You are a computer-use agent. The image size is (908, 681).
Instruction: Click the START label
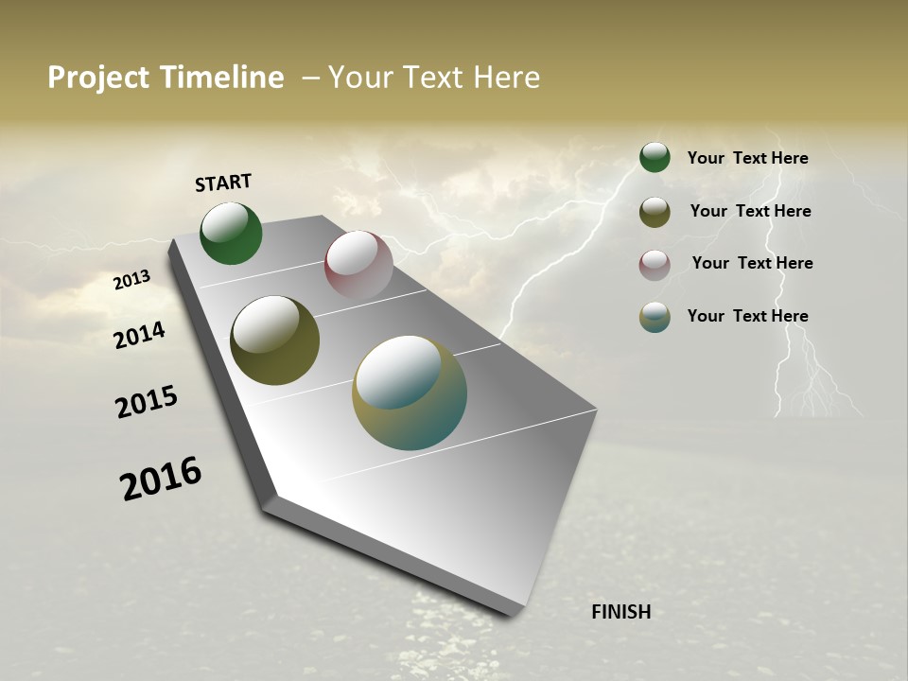click(x=223, y=183)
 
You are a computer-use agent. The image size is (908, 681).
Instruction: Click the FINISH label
click(x=620, y=612)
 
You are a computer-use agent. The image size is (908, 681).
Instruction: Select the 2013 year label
click(x=131, y=280)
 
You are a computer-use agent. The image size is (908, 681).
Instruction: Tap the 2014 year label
click(x=139, y=335)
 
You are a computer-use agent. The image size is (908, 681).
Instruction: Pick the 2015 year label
click(x=146, y=402)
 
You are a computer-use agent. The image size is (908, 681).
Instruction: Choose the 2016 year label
click(x=161, y=479)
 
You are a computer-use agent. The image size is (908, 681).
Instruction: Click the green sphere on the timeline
click(x=231, y=234)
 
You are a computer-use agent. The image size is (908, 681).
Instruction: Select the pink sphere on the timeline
click(x=358, y=266)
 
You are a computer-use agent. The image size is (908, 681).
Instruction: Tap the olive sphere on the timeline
click(x=274, y=340)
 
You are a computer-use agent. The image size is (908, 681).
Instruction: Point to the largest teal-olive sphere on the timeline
click(x=410, y=393)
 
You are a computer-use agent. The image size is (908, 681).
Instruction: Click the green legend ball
click(x=655, y=158)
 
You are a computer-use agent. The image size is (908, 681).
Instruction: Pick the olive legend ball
click(x=655, y=212)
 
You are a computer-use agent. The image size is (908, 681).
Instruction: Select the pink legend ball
click(x=655, y=265)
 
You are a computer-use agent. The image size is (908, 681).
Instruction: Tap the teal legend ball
click(x=655, y=317)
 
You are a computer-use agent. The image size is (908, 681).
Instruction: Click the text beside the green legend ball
click(x=747, y=158)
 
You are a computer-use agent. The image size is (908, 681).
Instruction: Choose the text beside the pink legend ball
click(x=752, y=263)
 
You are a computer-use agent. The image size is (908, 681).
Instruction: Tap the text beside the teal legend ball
click(x=747, y=316)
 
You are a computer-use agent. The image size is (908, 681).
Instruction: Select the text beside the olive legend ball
click(x=750, y=211)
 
